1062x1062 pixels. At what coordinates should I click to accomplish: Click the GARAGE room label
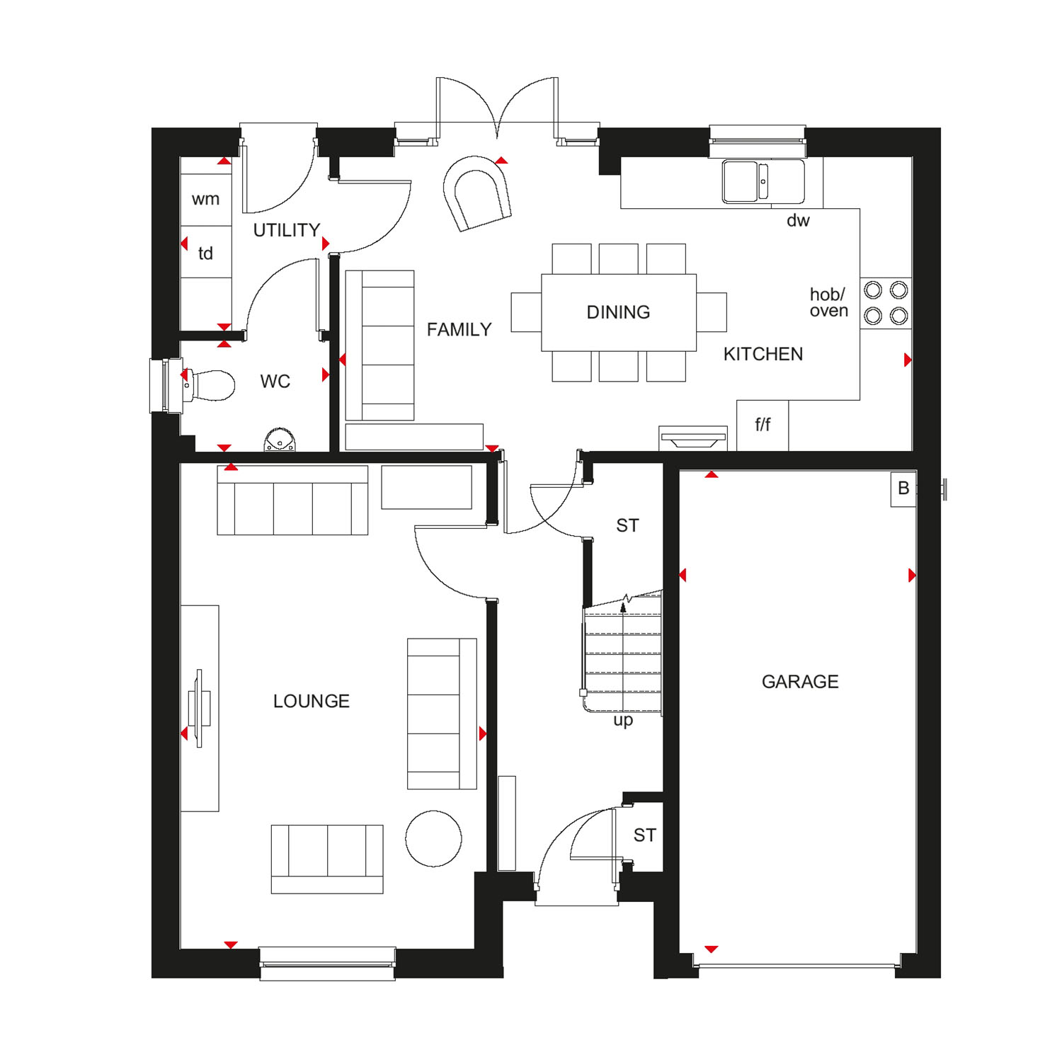click(x=800, y=682)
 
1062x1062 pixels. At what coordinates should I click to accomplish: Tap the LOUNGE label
click(x=312, y=701)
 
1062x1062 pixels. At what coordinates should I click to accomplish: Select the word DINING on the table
click(x=618, y=312)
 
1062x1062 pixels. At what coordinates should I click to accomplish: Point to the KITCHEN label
click(x=763, y=354)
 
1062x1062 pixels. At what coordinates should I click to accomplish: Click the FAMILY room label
click(x=459, y=329)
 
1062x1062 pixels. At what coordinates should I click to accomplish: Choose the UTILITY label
click(x=287, y=230)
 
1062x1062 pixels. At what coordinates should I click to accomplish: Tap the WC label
click(x=275, y=382)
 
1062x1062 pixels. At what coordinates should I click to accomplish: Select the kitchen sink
click(x=763, y=181)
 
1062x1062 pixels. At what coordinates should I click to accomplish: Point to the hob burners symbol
click(x=886, y=302)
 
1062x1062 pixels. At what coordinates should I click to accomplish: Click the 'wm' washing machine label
click(x=205, y=200)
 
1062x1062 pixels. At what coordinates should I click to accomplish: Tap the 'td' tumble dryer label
click(x=205, y=253)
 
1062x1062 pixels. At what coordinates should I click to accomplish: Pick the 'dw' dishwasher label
click(x=798, y=220)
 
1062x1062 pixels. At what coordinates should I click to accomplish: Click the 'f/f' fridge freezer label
click(x=763, y=425)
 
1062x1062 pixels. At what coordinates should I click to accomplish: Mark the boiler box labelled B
click(x=903, y=489)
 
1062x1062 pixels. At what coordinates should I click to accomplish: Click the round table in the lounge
click(x=433, y=838)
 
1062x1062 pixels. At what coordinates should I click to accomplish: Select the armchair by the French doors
click(x=477, y=193)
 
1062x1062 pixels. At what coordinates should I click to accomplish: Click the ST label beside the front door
click(x=644, y=835)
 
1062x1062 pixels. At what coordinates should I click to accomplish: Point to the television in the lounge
click(x=200, y=708)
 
